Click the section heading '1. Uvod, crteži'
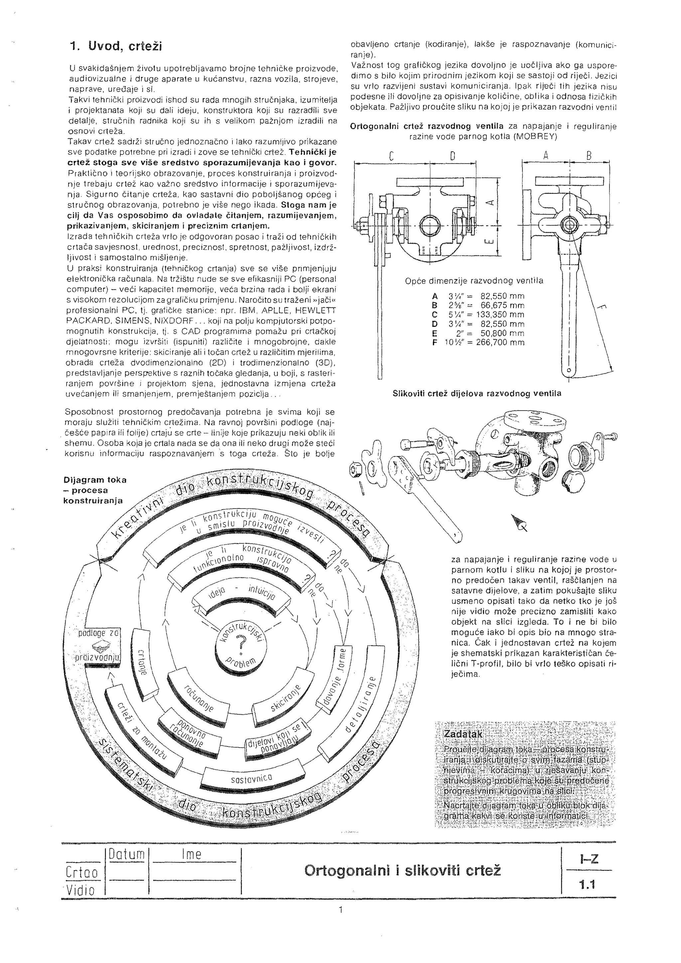point(116,47)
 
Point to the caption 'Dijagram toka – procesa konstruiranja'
point(94,490)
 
